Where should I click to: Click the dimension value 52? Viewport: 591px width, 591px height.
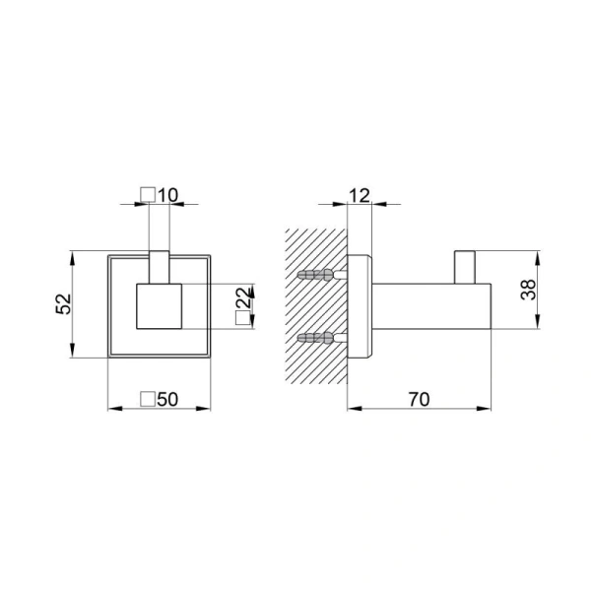[x=63, y=303]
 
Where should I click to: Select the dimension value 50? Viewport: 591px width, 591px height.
[x=167, y=399]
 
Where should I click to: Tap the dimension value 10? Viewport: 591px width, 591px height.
[x=167, y=195]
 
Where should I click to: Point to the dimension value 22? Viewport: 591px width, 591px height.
[x=243, y=297]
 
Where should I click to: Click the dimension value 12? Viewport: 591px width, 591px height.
[x=360, y=196]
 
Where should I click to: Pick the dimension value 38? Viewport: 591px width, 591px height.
[x=528, y=290]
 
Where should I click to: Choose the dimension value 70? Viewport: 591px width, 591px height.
[x=419, y=400]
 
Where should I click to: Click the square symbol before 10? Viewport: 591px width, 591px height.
[x=148, y=195]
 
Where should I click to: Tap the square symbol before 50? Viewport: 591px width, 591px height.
[x=148, y=399]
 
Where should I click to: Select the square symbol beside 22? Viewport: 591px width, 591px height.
[x=242, y=318]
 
